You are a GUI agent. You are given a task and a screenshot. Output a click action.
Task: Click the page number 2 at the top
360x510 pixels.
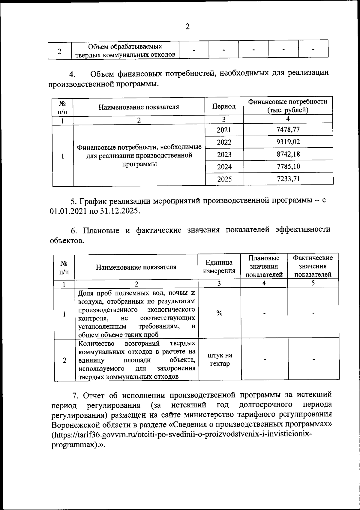coord(187,27)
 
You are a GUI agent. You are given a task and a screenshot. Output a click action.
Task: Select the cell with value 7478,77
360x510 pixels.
coord(288,130)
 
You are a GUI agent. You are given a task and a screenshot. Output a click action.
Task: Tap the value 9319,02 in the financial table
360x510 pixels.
coord(288,142)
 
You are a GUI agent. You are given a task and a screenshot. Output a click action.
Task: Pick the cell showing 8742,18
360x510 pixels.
coord(288,154)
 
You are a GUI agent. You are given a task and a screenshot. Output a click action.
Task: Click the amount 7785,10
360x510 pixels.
coord(288,166)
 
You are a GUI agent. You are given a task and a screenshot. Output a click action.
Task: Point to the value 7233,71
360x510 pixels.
coord(288,179)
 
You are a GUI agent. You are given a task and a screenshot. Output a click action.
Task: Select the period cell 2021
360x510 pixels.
coord(224,130)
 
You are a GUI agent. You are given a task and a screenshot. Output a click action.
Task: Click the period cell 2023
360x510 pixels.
coord(224,154)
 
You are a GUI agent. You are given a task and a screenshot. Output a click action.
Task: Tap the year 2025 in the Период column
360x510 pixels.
coord(224,179)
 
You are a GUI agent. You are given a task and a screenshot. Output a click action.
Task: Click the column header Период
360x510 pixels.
coord(224,106)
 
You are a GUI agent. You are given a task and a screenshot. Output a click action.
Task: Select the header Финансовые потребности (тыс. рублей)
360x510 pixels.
coord(288,106)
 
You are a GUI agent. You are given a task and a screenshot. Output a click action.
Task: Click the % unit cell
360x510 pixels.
coord(219,313)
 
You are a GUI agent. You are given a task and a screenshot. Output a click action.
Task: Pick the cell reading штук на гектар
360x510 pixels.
coord(220,360)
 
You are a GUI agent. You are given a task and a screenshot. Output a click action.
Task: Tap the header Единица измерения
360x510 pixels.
coord(219,267)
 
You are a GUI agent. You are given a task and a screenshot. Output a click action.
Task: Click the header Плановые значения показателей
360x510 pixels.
coord(264,266)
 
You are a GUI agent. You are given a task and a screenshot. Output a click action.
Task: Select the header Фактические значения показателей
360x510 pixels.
coord(313,266)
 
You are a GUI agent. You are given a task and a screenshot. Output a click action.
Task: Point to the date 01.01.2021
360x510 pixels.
coord(68,211)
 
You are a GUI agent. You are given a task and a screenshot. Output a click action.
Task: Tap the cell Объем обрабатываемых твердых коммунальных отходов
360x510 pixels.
coord(125,51)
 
